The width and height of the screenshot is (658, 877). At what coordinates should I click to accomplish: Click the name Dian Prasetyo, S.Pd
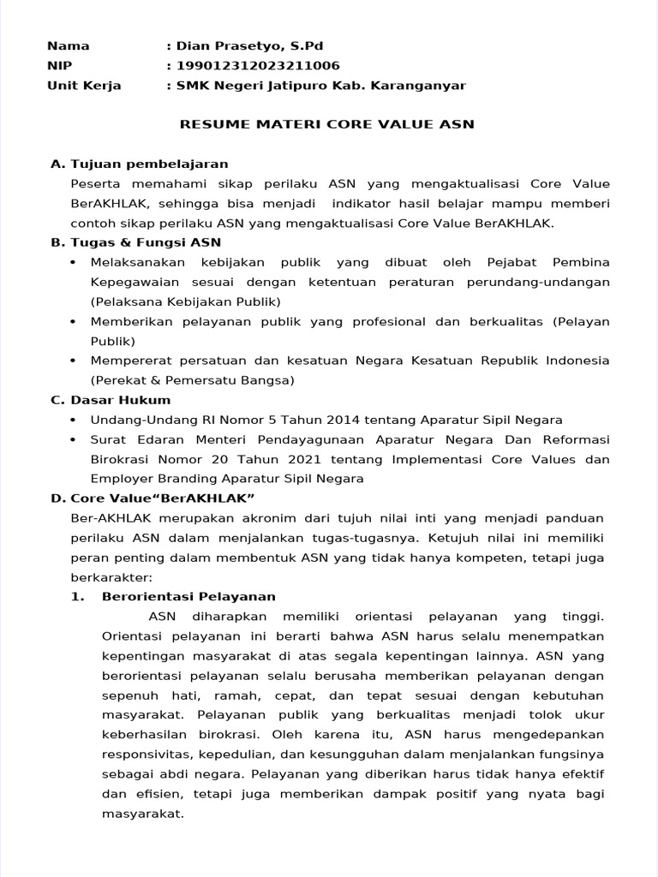coord(248,46)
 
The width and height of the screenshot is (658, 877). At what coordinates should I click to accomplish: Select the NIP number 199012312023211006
coord(257,66)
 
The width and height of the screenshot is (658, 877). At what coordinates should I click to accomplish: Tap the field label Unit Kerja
coord(84,86)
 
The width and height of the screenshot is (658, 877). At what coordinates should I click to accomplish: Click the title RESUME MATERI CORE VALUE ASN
coord(326,125)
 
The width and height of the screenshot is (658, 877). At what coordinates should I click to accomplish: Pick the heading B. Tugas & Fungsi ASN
coord(135,242)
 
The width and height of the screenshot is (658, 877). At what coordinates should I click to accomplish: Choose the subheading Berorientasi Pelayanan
coord(188,597)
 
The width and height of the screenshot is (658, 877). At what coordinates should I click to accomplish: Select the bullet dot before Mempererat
coord(72,361)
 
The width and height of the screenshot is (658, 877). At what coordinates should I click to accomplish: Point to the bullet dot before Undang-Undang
coord(72,420)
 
